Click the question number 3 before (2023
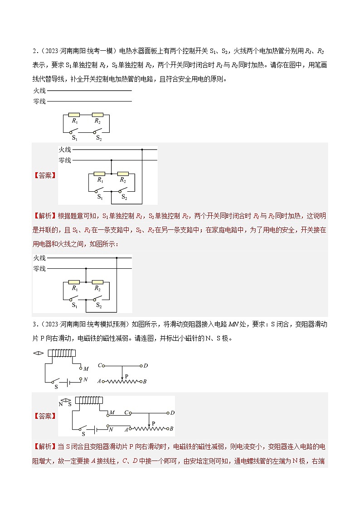(x=34, y=324)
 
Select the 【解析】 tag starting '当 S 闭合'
(x=44, y=447)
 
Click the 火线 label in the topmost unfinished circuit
(x=39, y=91)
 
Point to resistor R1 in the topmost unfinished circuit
(x=75, y=115)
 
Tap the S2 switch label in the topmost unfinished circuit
(x=99, y=138)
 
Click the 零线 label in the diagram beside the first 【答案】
(x=65, y=160)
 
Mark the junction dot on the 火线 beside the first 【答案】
(x=142, y=149)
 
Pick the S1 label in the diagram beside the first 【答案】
(x=100, y=197)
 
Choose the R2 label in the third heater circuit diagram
(x=97, y=288)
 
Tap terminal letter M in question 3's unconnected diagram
(x=86, y=369)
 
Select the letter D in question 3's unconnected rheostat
(x=146, y=365)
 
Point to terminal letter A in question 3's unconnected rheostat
(x=99, y=382)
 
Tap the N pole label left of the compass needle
(x=60, y=403)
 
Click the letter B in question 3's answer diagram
(x=172, y=428)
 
